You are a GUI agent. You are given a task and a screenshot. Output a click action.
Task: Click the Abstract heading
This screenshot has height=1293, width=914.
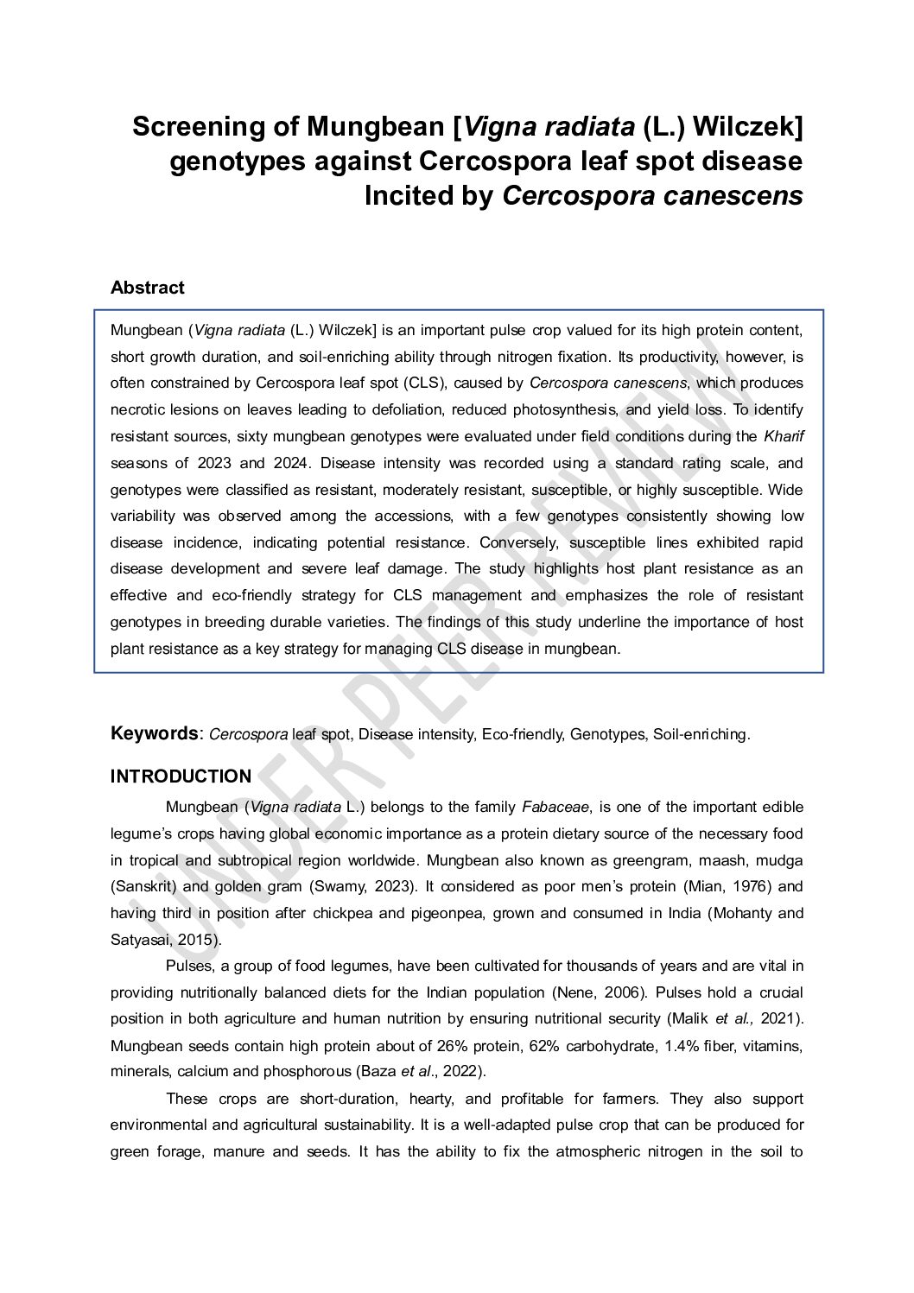click(147, 288)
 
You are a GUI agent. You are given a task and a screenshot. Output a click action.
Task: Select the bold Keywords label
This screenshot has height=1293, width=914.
click(154, 733)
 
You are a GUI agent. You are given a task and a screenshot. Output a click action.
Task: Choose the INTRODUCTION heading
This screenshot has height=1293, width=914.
click(181, 776)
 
